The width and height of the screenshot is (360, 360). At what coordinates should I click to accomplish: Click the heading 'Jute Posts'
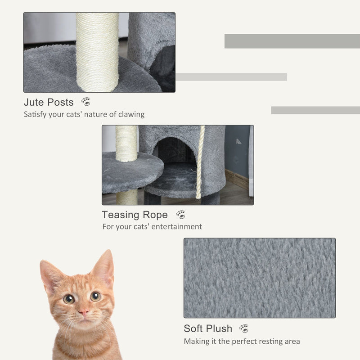pyautogui.click(x=49, y=102)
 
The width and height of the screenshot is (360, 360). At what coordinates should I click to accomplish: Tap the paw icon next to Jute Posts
pyautogui.click(x=85, y=102)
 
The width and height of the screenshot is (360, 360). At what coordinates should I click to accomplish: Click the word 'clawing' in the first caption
pyautogui.click(x=131, y=114)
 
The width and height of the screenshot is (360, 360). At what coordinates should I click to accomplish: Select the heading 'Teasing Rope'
pyautogui.click(x=135, y=215)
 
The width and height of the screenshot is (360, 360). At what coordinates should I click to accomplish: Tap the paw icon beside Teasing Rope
pyautogui.click(x=181, y=215)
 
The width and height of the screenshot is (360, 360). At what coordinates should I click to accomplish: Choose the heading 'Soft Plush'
pyautogui.click(x=208, y=328)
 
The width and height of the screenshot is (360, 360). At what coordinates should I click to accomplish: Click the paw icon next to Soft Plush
pyautogui.click(x=244, y=328)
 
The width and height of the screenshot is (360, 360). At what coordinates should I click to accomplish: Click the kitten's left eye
pyautogui.click(x=68, y=299)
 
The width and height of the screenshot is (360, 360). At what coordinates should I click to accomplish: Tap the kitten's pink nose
pyautogui.click(x=84, y=312)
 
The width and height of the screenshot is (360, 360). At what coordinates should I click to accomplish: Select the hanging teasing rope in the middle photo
pyautogui.click(x=200, y=162)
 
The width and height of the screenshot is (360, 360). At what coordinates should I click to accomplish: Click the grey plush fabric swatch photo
pyautogui.click(x=259, y=278)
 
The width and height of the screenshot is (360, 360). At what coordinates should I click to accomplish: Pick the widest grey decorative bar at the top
pyautogui.click(x=292, y=41)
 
